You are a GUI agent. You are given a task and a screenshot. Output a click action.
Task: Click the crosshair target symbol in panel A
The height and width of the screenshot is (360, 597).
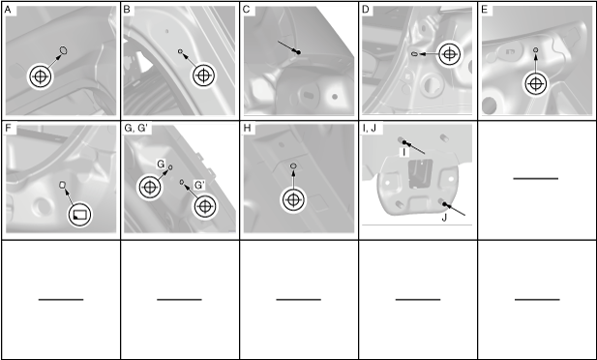pyautogui.click(x=41, y=76)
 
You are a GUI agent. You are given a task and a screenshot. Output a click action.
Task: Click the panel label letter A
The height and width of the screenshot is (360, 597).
pyautogui.click(x=9, y=11)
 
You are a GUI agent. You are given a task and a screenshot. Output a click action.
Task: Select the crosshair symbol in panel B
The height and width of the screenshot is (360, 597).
pyautogui.click(x=204, y=75)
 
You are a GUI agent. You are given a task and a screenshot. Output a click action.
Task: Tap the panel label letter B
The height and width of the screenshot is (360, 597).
pyautogui.click(x=127, y=11)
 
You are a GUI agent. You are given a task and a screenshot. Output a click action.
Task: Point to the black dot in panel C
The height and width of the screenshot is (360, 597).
pyautogui.click(x=298, y=52)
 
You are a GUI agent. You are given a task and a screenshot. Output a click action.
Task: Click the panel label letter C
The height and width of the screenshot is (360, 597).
pyautogui.click(x=247, y=11)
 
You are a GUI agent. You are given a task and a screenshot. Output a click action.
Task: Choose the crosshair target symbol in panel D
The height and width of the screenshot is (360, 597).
pyautogui.click(x=449, y=54)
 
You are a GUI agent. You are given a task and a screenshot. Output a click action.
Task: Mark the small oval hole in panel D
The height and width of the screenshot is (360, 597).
pyautogui.click(x=414, y=54)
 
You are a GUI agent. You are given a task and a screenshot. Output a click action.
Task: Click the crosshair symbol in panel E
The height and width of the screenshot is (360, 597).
pyautogui.click(x=536, y=84)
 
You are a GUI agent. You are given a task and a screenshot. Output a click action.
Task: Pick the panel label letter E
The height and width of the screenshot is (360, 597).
pyautogui.click(x=485, y=11)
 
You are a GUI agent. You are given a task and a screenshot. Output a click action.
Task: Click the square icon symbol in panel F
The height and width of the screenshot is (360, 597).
pyautogui.click(x=80, y=215)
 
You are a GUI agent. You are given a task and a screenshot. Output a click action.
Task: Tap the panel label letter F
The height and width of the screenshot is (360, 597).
pyautogui.click(x=8, y=129)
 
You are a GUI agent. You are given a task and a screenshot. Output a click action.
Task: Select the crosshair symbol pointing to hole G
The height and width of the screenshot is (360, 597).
pyautogui.click(x=150, y=187)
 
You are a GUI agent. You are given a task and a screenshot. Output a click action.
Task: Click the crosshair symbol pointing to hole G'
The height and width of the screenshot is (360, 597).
pyautogui.click(x=205, y=206)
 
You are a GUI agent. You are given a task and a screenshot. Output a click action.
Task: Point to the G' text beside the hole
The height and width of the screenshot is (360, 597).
pyautogui.click(x=199, y=186)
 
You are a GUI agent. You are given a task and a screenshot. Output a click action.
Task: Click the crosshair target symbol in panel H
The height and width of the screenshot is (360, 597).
pyautogui.click(x=293, y=199)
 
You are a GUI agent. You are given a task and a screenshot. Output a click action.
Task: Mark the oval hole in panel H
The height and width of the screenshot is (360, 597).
pyautogui.click(x=293, y=165)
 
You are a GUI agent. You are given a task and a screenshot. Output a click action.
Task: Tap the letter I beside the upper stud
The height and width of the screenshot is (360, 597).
pyautogui.click(x=403, y=152)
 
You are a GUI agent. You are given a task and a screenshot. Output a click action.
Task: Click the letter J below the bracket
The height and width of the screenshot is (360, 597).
pyautogui.click(x=444, y=219)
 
